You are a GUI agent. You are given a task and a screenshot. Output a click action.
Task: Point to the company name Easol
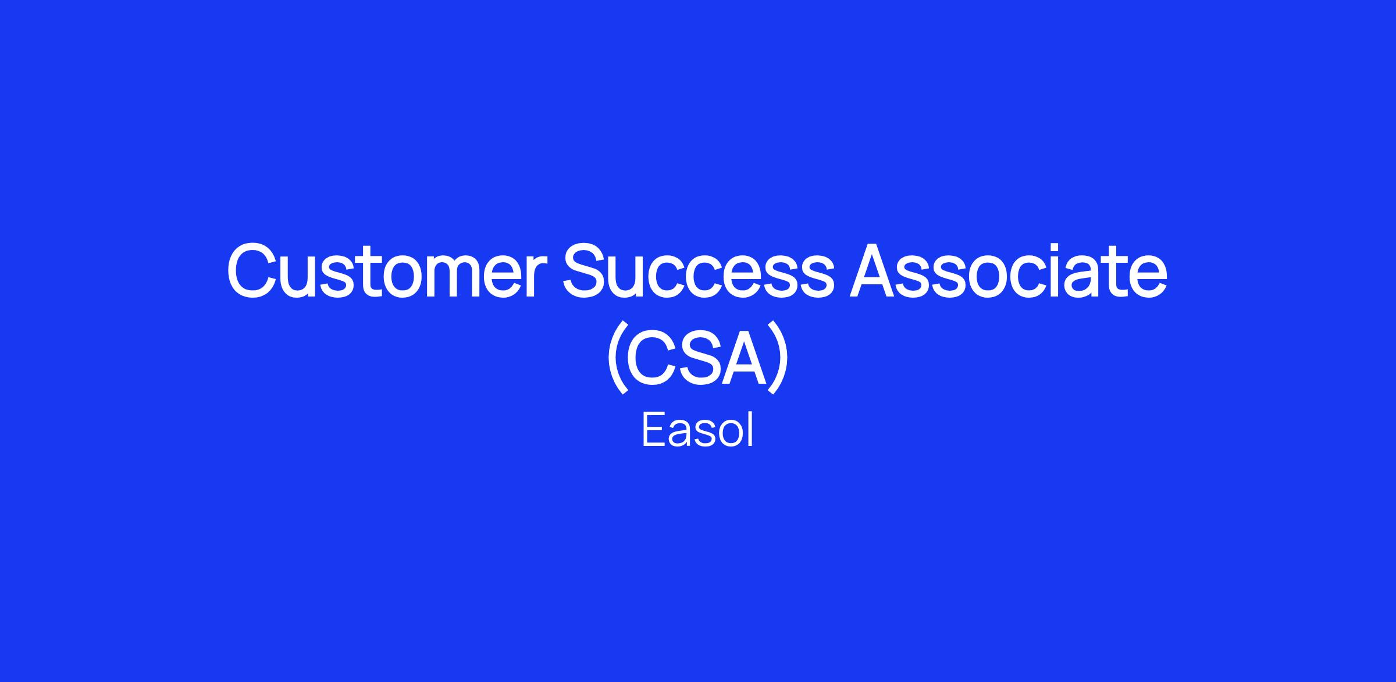(x=697, y=430)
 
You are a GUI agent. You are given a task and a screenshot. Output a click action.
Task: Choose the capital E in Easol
(x=654, y=430)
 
